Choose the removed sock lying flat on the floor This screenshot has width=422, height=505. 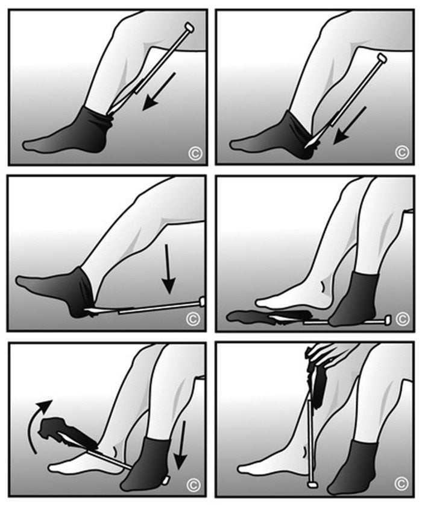[253, 316]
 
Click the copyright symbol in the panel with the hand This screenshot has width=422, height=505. [401, 483]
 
